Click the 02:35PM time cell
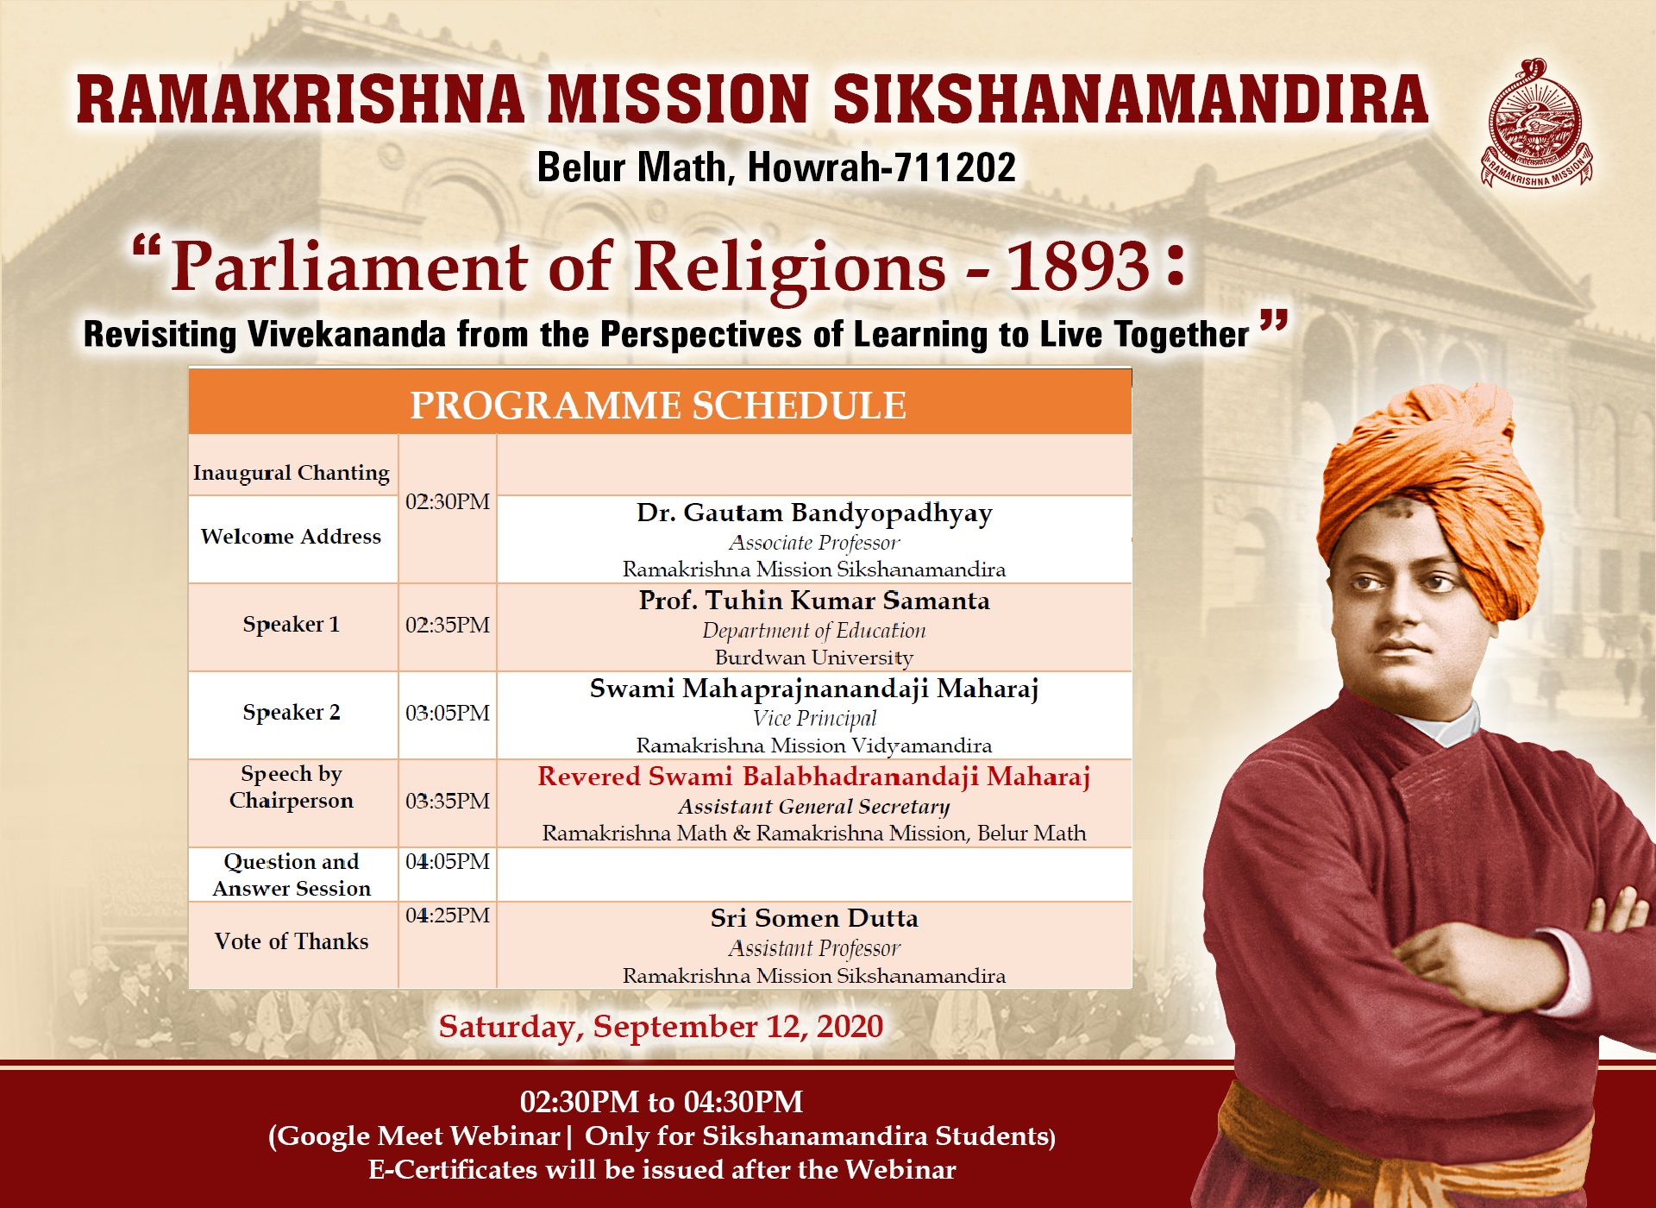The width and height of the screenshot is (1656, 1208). click(448, 625)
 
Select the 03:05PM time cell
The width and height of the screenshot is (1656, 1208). click(448, 713)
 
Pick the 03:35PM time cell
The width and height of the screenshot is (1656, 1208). click(448, 801)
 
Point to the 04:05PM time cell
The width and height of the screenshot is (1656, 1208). click(448, 861)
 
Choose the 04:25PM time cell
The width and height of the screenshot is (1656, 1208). click(448, 915)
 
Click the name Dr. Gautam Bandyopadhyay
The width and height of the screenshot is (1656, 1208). click(814, 513)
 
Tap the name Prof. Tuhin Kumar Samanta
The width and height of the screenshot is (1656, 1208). click(814, 601)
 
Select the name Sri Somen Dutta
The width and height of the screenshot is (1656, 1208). click(814, 918)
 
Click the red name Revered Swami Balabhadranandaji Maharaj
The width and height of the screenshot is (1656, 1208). click(814, 777)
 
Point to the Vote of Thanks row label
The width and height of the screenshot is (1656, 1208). click(292, 941)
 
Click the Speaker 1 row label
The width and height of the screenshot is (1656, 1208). click(292, 624)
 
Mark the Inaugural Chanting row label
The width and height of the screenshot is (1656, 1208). click(292, 473)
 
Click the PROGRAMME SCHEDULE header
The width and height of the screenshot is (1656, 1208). click(658, 406)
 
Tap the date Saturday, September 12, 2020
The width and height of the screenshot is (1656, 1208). click(661, 1027)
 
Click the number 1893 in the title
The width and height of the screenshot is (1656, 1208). click(1079, 266)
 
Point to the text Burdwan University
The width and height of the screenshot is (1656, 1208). click(814, 657)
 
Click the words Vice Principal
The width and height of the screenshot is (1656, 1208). click(814, 718)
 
